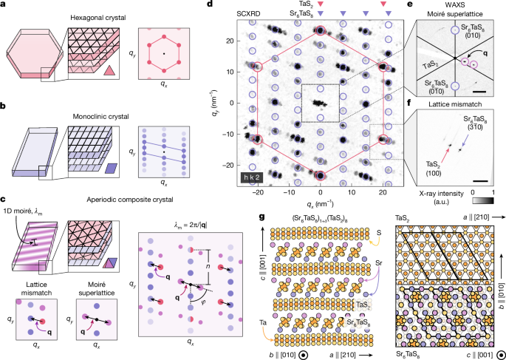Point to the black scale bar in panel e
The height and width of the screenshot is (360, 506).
pos(479,91)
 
